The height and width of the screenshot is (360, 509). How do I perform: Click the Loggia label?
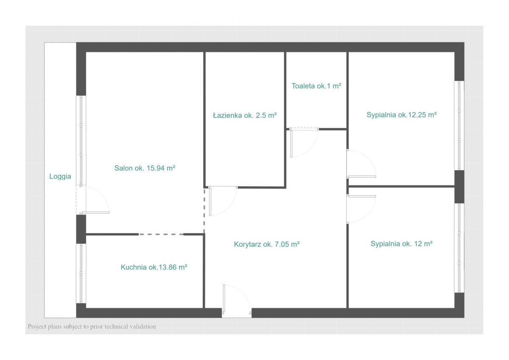[60, 176]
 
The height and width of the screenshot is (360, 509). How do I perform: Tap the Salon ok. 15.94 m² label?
[145, 168]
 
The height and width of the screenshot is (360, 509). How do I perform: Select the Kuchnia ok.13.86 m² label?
[154, 267]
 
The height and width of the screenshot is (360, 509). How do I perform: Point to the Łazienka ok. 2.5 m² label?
[245, 115]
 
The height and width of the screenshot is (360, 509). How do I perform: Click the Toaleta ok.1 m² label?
[316, 86]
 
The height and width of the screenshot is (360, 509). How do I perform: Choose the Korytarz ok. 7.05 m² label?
[266, 244]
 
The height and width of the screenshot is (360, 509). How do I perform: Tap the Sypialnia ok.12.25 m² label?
[402, 115]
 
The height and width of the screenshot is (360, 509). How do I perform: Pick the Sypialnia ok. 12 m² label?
[402, 244]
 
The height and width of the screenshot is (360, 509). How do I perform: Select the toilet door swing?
[304, 142]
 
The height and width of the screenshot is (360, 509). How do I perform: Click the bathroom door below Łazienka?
[223, 201]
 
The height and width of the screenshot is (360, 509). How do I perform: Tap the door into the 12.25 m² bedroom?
[361, 164]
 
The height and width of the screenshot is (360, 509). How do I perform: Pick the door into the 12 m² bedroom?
[361, 209]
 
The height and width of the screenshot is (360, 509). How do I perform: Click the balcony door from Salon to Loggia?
[93, 200]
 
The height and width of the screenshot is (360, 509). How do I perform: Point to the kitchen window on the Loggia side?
[81, 273]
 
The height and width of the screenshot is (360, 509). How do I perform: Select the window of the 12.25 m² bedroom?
[459, 126]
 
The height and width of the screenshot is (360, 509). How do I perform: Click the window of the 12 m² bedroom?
[459, 248]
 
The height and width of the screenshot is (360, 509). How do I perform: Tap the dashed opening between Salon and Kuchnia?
[161, 234]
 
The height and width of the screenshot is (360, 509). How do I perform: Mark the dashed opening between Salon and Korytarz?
[204, 210]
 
